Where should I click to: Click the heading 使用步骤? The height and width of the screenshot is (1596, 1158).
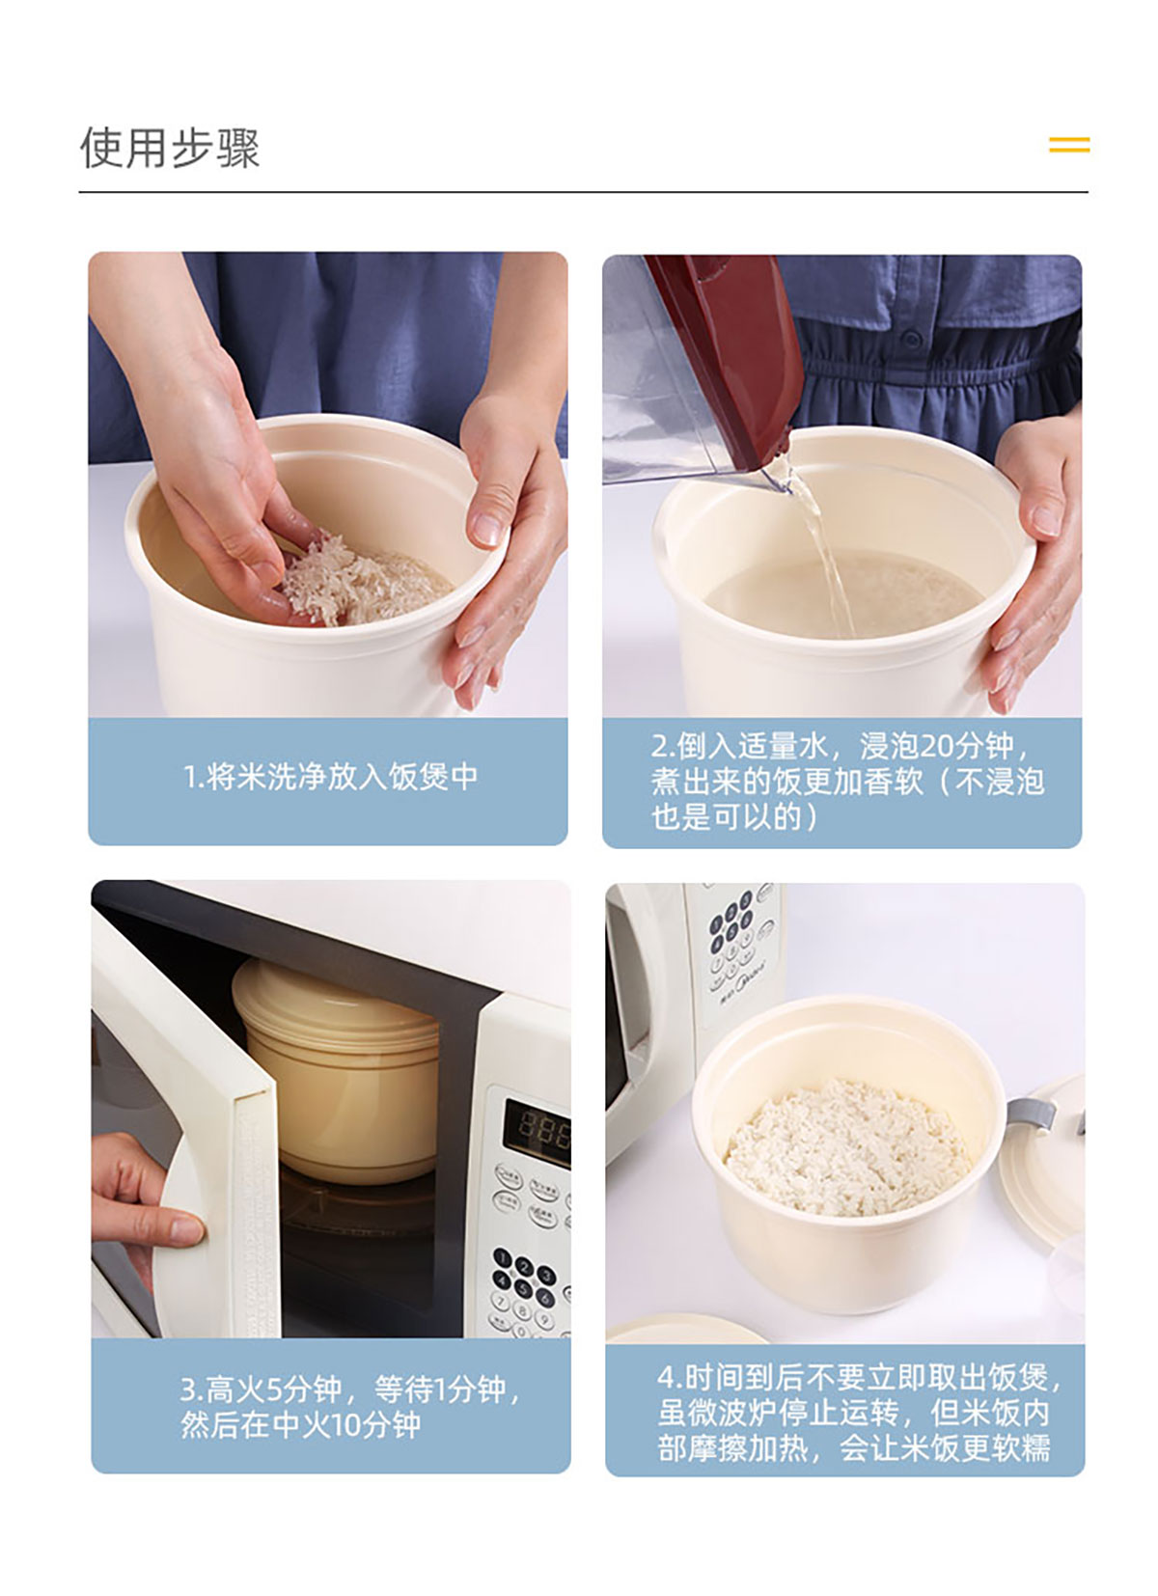pos(169,149)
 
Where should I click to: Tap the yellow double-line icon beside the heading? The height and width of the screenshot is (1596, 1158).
pos(1069,145)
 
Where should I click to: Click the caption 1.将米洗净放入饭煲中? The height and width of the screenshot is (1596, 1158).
pos(331,777)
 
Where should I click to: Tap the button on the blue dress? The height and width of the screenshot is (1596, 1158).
pos(911,339)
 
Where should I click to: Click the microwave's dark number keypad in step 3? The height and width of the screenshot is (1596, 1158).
pos(525,1282)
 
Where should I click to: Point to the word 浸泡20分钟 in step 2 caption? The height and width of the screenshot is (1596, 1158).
pos(936,746)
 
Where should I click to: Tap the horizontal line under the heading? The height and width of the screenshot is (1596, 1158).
pos(583,192)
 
